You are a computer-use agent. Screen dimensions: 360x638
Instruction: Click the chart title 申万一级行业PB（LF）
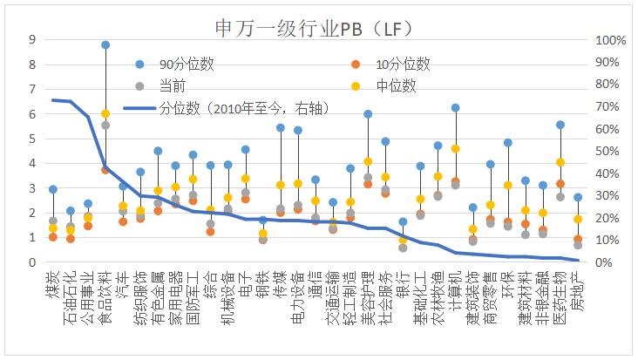coord(319,17)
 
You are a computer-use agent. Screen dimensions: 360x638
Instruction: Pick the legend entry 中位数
coord(397,85)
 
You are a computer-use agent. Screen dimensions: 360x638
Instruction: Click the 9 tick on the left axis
coord(32,39)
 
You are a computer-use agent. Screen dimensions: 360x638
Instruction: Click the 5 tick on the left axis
coord(32,139)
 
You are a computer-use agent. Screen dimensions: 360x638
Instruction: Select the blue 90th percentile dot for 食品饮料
coord(105,44)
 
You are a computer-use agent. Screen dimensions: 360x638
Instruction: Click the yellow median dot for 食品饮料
coord(105,114)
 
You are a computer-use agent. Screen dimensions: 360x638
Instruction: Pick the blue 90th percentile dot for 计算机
coord(455,108)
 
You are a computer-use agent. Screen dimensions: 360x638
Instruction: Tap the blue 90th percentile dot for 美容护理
coord(368,114)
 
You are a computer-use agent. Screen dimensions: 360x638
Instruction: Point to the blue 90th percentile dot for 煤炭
coord(53,189)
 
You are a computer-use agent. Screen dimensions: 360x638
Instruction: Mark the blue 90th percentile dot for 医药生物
coord(560,125)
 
